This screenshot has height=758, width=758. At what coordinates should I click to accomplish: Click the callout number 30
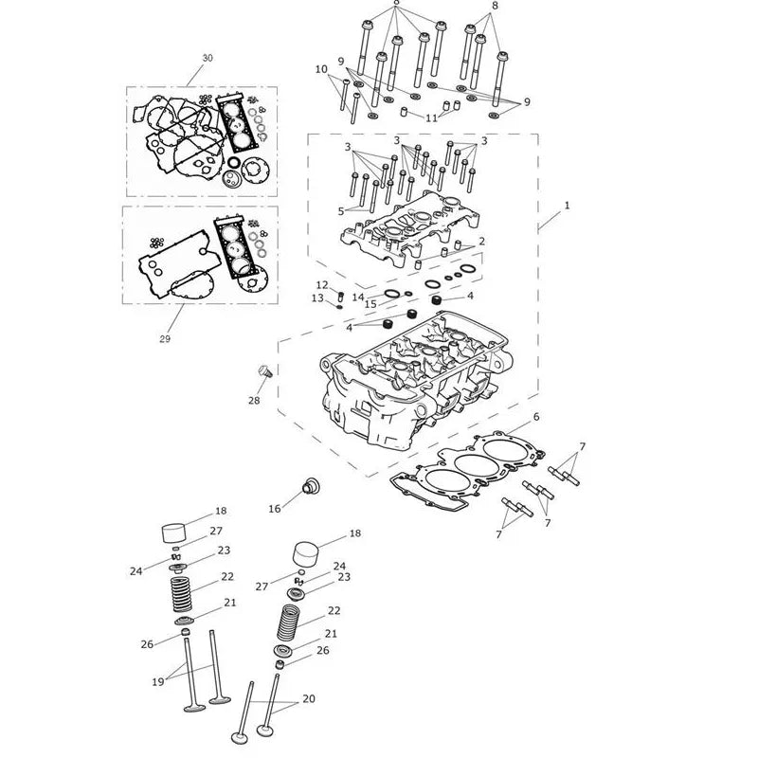[208, 58]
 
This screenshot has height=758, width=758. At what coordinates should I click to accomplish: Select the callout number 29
[165, 339]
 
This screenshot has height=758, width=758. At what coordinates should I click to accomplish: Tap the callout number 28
[254, 400]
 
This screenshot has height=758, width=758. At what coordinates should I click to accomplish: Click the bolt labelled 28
[266, 371]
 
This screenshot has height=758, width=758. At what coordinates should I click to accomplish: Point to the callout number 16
[275, 509]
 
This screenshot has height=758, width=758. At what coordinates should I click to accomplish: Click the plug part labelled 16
[310, 486]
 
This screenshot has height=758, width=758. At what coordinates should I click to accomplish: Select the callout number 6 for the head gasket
[536, 417]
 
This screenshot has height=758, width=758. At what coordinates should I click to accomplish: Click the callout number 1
[567, 206]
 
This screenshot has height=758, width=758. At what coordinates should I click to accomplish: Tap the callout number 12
[322, 285]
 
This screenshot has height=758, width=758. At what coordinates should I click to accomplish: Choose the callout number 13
[317, 298]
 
